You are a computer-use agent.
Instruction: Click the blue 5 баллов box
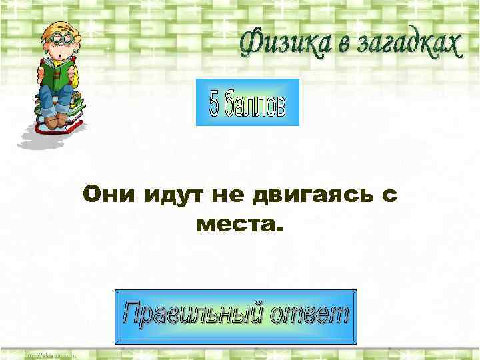(247, 102)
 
